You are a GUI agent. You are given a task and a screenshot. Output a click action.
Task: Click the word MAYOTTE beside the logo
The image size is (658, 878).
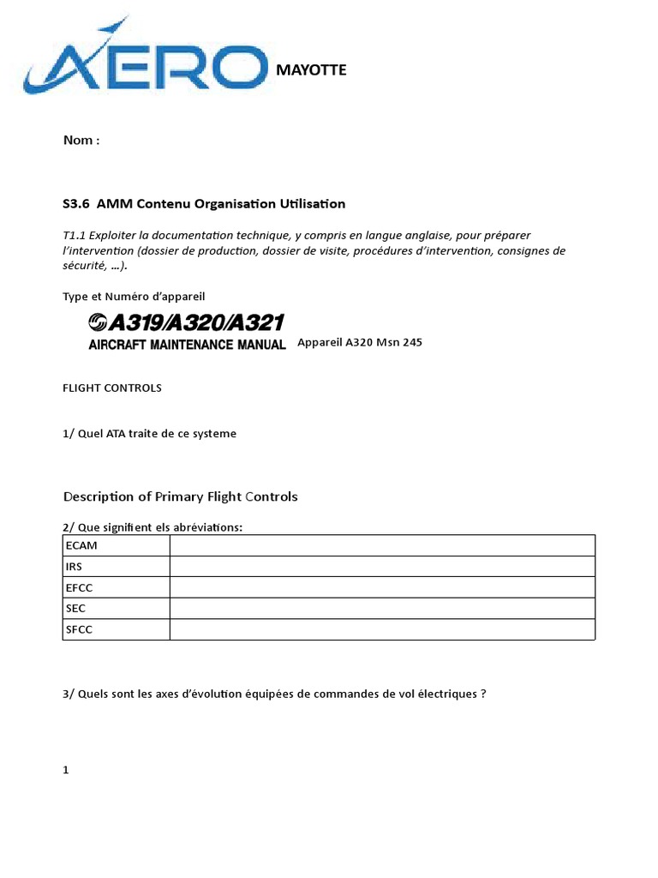coord(311,70)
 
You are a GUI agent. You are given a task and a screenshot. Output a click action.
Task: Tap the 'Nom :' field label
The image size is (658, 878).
coord(81,141)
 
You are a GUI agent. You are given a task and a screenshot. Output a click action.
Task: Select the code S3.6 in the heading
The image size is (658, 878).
coord(77,204)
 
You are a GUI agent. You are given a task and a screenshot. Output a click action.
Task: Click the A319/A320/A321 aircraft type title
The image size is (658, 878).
coord(186,322)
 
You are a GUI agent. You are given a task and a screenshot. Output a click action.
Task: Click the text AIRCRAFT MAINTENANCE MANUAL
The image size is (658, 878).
coord(187,345)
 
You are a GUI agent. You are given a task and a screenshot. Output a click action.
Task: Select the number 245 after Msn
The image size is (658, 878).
coord(411,342)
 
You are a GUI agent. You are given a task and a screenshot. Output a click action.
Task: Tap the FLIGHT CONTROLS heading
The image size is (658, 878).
coord(111,388)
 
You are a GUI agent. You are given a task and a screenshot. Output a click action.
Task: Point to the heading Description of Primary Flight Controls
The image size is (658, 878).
coord(180,496)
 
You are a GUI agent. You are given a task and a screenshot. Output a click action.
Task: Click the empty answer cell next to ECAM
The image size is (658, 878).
coord(381,546)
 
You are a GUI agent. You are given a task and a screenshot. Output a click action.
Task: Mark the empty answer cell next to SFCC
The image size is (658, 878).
coord(381,629)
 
